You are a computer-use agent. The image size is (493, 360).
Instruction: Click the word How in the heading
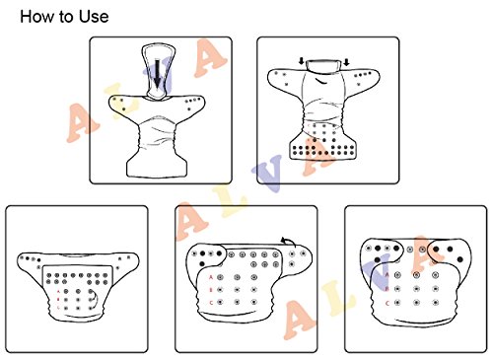pyautogui.click(x=36, y=17)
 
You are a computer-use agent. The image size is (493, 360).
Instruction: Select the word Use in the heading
pyautogui.click(x=94, y=17)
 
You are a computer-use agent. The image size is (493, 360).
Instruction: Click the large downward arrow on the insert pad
pyautogui.click(x=158, y=74)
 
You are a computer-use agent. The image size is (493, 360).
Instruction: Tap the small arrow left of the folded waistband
pyautogui.click(x=301, y=61)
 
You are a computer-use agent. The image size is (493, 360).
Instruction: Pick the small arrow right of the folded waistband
pyautogui.click(x=346, y=62)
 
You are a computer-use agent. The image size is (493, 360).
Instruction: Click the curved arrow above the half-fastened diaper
pyautogui.click(x=289, y=242)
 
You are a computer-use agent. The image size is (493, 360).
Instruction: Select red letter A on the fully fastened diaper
pyautogui.click(x=387, y=275)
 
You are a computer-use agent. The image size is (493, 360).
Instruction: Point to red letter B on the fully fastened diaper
pyautogui.click(x=387, y=289)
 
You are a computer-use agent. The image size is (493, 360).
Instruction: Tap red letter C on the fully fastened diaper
pyautogui.click(x=387, y=303)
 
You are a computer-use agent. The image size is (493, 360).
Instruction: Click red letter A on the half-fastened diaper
pyautogui.click(x=211, y=277)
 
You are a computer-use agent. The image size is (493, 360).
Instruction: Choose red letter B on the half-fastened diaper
pyautogui.click(x=211, y=290)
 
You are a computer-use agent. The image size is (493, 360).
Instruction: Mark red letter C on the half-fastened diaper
pyautogui.click(x=211, y=303)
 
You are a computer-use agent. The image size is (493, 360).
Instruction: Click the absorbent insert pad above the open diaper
pyautogui.click(x=158, y=71)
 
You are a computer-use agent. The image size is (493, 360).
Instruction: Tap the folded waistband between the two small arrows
pyautogui.click(x=323, y=66)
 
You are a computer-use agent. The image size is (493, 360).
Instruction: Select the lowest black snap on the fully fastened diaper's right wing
pyautogui.click(x=460, y=259)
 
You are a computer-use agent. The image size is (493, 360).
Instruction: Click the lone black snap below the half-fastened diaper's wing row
pyautogui.click(x=202, y=264)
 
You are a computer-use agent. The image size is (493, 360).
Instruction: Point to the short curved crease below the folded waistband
pyautogui.click(x=323, y=81)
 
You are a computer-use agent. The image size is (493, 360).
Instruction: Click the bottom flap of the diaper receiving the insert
pyautogui.click(x=157, y=166)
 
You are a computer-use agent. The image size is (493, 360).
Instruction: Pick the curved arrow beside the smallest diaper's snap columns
pyautogui.click(x=96, y=299)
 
